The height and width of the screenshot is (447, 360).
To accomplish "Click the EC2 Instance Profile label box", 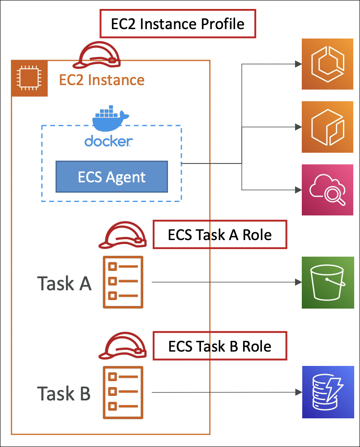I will click(x=177, y=24).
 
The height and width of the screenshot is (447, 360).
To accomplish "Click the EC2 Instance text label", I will click(x=102, y=80).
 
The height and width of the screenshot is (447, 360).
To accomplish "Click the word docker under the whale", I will click(x=108, y=142).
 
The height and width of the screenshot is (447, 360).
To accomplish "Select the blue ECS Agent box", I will click(x=111, y=177).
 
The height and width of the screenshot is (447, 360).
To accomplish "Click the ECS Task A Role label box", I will click(x=219, y=235).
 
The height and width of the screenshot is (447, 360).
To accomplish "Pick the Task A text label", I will click(x=64, y=283).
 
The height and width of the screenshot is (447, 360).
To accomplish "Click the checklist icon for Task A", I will click(x=123, y=282).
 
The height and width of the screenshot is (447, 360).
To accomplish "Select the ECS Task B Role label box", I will click(x=219, y=346).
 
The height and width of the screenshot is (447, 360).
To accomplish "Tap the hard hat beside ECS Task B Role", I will click(x=122, y=347).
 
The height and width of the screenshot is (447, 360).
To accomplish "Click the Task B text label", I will click(x=64, y=393).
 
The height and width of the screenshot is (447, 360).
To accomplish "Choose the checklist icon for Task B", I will click(x=123, y=393).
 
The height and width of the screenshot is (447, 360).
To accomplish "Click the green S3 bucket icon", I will click(x=328, y=283).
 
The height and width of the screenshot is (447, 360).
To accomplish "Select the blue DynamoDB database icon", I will click(x=328, y=392).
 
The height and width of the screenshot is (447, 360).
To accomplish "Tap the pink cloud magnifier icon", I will click(x=328, y=190).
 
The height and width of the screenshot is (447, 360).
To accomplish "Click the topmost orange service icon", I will click(x=328, y=64).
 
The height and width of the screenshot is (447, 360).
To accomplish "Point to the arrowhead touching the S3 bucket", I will click(x=297, y=282).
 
